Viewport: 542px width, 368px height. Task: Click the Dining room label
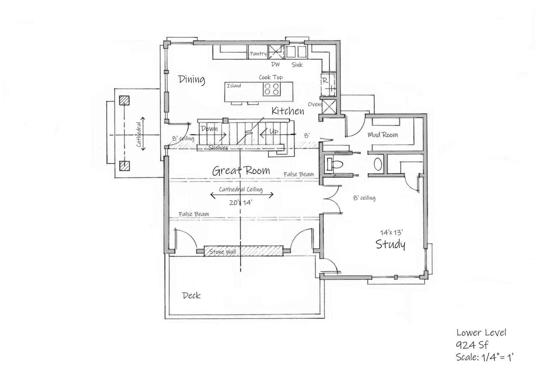pyautogui.click(x=192, y=79)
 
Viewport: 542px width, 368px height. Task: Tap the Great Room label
pyautogui.click(x=241, y=171)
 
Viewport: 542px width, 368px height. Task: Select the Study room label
pyautogui.click(x=390, y=244)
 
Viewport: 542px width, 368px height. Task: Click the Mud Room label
pyautogui.click(x=383, y=135)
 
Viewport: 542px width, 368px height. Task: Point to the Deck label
pyautogui.click(x=192, y=295)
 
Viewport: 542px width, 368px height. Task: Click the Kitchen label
pyautogui.click(x=288, y=111)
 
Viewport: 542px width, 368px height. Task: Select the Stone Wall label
pyautogui.click(x=222, y=252)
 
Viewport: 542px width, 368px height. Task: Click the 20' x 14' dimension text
pyautogui.click(x=241, y=203)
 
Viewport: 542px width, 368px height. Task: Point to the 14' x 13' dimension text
pyautogui.click(x=391, y=232)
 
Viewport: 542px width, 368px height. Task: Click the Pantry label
pyautogui.click(x=258, y=54)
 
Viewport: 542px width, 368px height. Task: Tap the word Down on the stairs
pyautogui.click(x=209, y=129)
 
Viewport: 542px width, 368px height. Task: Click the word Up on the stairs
pyautogui.click(x=273, y=131)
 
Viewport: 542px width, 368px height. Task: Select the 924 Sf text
pyautogui.click(x=472, y=345)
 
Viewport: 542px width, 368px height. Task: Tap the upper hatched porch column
pyautogui.click(x=124, y=101)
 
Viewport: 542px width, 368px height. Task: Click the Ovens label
pyautogui.click(x=315, y=104)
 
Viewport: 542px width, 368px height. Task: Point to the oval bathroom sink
pyautogui.click(x=378, y=164)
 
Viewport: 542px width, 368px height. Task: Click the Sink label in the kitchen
pyautogui.click(x=297, y=65)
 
